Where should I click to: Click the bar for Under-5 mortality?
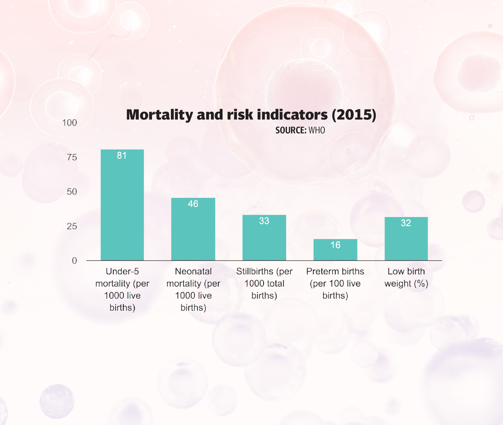(122, 206)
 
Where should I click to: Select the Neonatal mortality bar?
(193, 231)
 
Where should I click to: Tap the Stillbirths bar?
(264, 239)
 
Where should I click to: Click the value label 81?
(122, 155)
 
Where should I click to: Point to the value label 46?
(193, 204)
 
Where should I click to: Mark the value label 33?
(264, 221)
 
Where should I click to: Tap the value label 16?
(335, 245)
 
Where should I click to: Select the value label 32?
(406, 223)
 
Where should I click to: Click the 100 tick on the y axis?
(70, 123)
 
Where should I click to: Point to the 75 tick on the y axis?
(72, 157)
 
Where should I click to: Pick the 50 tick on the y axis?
(72, 192)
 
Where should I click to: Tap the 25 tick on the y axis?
(72, 226)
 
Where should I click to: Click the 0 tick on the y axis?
(74, 261)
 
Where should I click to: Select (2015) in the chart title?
(354, 115)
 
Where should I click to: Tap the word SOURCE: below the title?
(291, 130)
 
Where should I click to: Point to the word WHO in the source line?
(317, 130)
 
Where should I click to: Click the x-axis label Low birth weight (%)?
(406, 277)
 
